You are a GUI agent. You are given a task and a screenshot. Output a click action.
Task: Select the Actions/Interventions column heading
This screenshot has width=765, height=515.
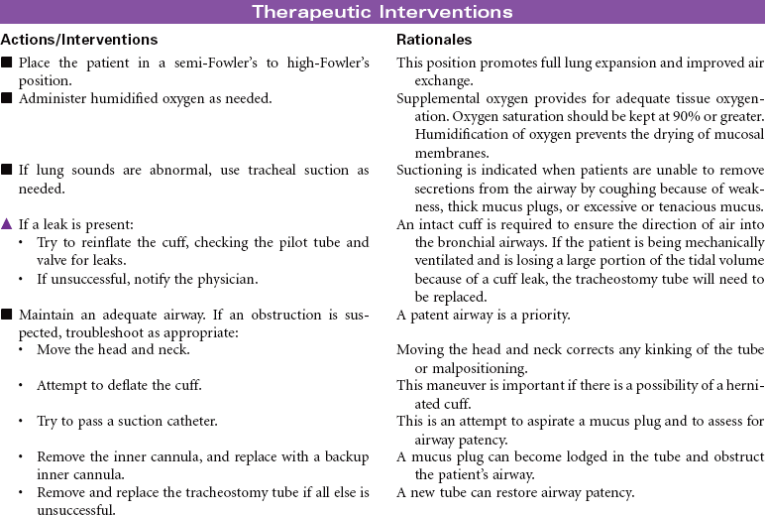pos(79,40)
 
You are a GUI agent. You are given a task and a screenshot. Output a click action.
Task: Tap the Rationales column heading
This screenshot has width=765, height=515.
pos(434,40)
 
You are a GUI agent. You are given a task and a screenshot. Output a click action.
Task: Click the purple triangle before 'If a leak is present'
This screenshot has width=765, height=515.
pos(7,225)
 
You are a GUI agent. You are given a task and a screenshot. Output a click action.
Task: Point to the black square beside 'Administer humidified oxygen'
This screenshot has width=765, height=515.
pos(7,98)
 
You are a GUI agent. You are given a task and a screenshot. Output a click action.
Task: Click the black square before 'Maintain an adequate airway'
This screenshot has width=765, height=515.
pos(7,316)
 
